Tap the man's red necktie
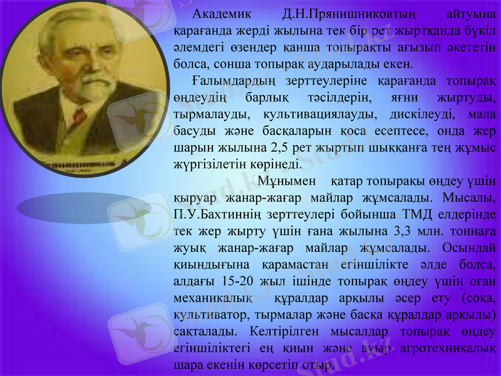click(79, 116)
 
